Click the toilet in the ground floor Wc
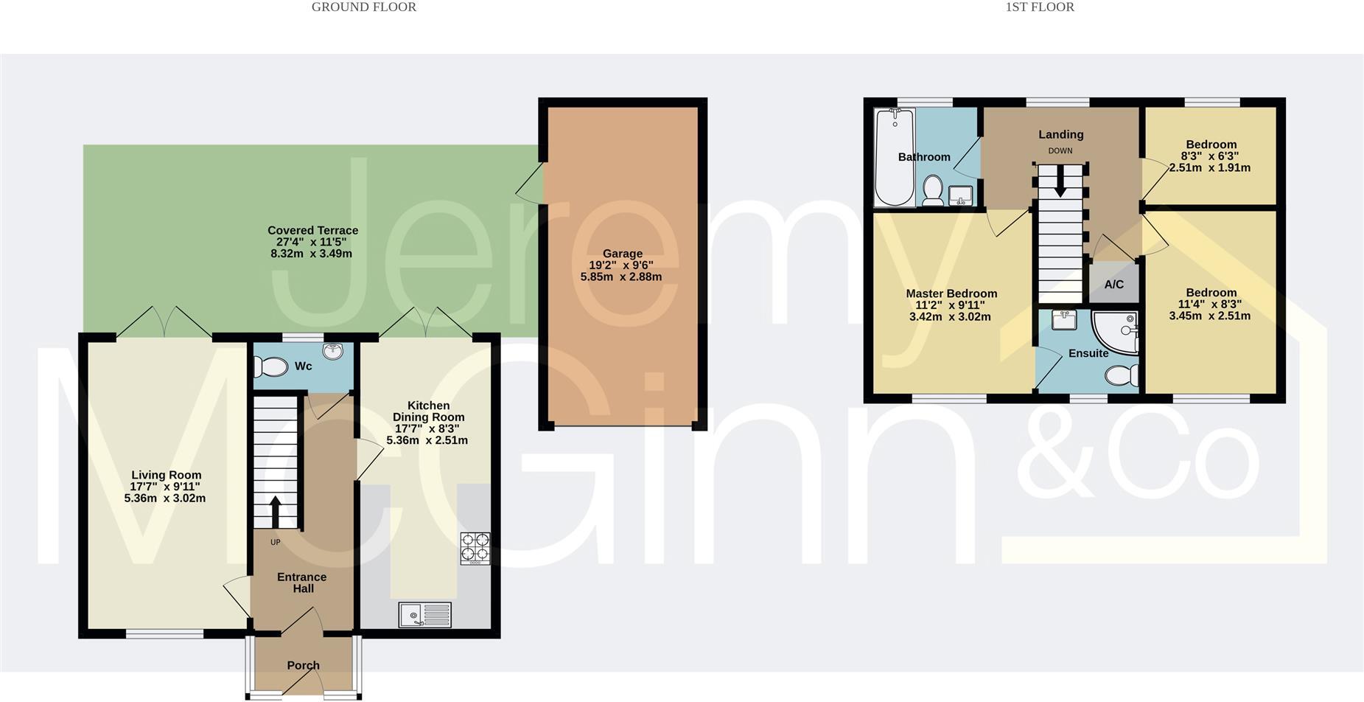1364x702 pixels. (x=271, y=366)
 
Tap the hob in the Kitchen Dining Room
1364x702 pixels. (x=475, y=549)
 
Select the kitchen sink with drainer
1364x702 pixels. (x=424, y=614)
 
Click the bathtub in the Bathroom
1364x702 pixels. (x=895, y=157)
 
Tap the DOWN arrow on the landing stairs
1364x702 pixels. (x=1060, y=181)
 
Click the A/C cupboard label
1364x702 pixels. (x=1113, y=284)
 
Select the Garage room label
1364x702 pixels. (x=622, y=254)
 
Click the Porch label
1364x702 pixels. (x=303, y=665)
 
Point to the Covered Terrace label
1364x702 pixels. (x=312, y=230)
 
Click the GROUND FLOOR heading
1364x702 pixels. (x=364, y=7)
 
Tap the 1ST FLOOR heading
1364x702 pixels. (x=1040, y=7)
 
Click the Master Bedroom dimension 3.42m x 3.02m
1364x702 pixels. (x=950, y=317)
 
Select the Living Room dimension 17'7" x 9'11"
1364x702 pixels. (x=165, y=487)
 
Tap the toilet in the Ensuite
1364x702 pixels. (x=1122, y=376)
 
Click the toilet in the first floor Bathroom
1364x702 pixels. (x=933, y=190)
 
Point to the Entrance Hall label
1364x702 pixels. (x=302, y=583)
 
